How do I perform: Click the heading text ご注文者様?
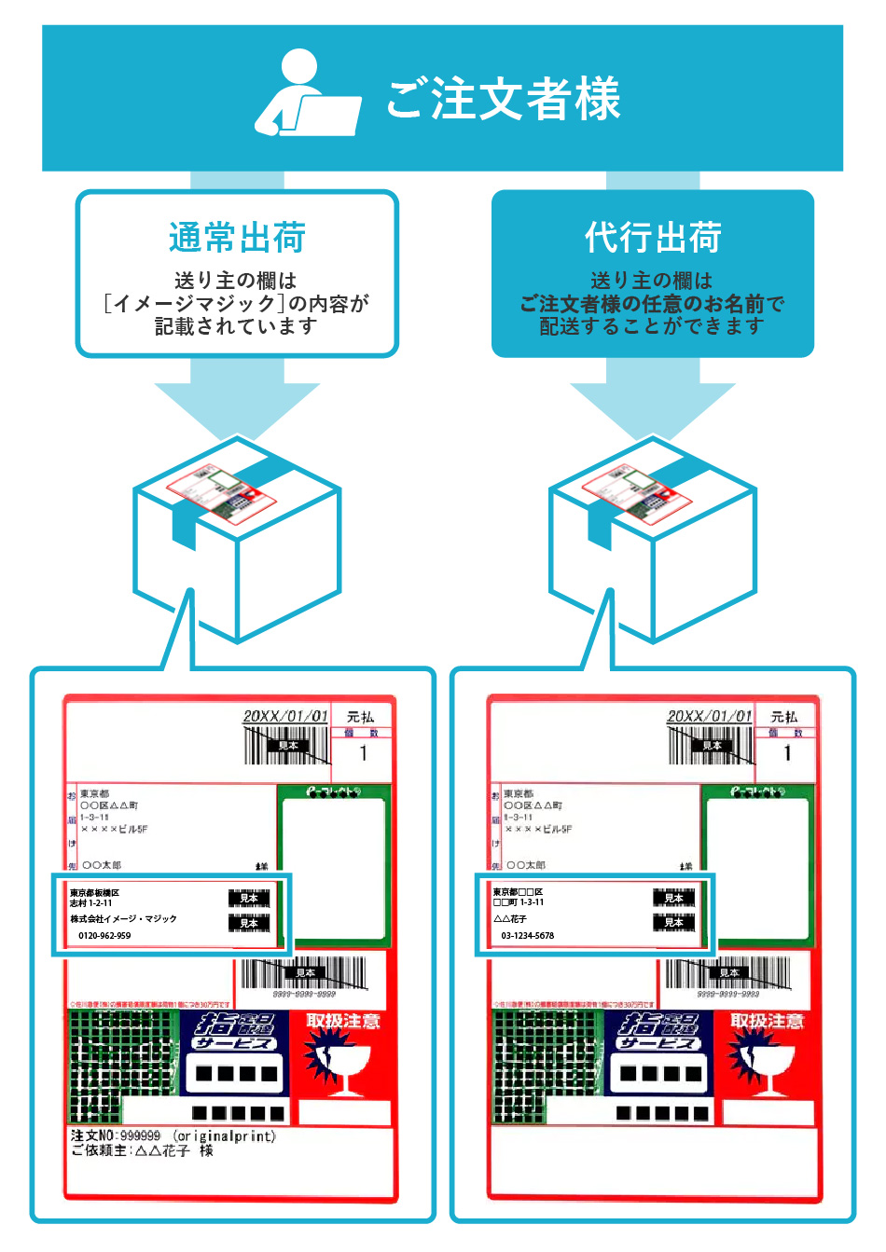(x=504, y=99)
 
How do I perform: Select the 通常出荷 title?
(x=237, y=238)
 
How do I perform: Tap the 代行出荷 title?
(x=653, y=238)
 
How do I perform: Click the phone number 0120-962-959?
(x=104, y=935)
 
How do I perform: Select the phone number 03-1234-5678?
(x=527, y=935)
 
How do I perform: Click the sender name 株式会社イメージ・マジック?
(x=123, y=918)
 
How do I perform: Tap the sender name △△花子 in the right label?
(x=510, y=918)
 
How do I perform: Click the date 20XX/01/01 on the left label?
(x=285, y=716)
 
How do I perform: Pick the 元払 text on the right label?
(x=784, y=716)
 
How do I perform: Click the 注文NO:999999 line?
(x=116, y=1136)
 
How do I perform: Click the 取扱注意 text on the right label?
(x=767, y=1021)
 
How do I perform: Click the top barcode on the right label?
(x=711, y=745)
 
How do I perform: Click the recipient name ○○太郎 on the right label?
(x=526, y=865)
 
